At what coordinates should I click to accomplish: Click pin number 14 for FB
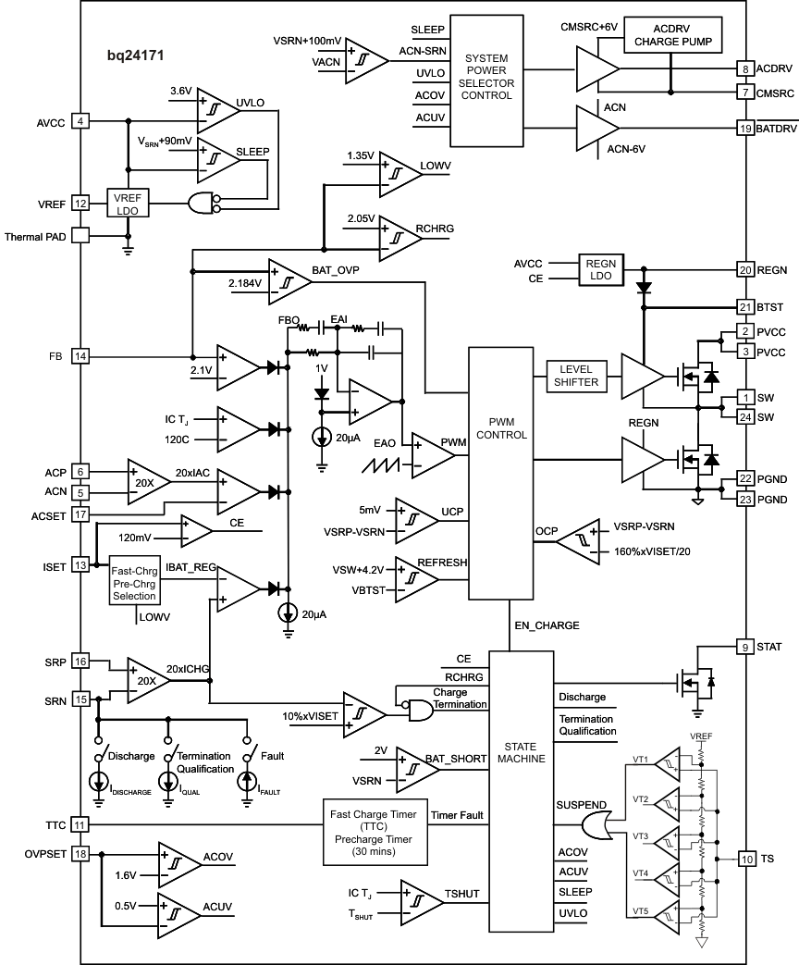click(x=80, y=356)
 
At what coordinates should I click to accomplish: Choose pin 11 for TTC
click(x=80, y=824)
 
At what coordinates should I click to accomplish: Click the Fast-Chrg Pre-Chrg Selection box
click(x=134, y=580)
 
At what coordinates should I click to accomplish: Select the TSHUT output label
click(x=463, y=893)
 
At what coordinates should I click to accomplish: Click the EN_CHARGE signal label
click(x=547, y=625)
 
